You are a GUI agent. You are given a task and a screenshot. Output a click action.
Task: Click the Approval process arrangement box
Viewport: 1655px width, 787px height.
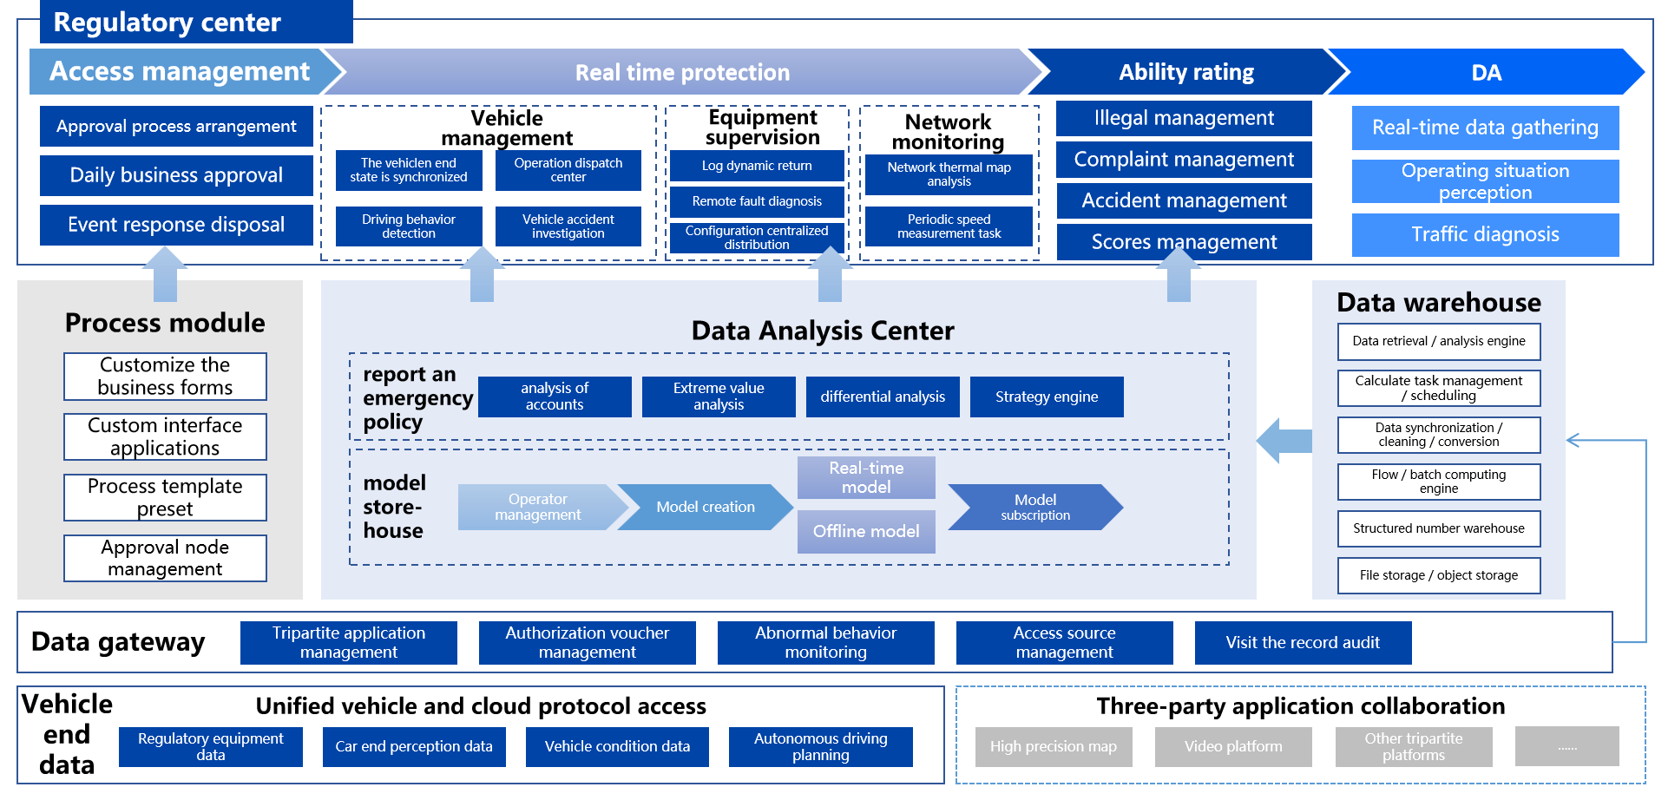point(176,127)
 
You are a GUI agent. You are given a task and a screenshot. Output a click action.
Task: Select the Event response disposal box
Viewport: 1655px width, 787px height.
point(176,225)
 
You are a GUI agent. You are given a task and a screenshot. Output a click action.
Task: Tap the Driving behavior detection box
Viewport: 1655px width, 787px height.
point(409,226)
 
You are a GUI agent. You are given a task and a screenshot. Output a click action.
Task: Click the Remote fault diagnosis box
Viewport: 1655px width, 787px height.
point(757,201)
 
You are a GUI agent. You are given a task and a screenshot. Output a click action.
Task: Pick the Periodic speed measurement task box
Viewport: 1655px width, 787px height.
point(949,226)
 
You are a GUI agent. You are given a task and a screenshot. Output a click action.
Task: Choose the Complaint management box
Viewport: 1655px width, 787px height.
point(1184,160)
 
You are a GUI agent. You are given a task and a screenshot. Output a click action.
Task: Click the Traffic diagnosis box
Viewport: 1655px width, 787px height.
point(1485,234)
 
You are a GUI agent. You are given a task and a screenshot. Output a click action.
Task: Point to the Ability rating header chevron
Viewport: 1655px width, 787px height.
point(1185,72)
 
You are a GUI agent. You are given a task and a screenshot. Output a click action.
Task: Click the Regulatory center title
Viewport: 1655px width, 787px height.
point(167,22)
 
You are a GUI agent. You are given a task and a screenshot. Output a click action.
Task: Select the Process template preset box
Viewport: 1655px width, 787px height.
point(165,497)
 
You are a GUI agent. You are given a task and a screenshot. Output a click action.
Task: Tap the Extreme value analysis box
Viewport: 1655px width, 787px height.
point(719,397)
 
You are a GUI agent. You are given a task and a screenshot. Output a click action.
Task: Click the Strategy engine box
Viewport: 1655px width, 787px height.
point(1047,397)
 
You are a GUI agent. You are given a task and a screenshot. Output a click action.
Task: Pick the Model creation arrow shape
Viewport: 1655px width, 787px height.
point(705,507)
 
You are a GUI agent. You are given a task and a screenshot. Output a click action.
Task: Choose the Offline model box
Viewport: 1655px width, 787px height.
point(866,531)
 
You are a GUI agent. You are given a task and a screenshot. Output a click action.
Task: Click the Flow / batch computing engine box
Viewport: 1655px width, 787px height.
point(1439,482)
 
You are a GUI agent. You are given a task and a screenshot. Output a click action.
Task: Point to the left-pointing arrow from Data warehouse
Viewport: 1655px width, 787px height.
point(1284,440)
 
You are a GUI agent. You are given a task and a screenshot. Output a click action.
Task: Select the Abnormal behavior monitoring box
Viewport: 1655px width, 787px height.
point(825,642)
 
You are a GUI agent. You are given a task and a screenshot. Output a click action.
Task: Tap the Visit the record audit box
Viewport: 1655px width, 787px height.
point(1303,642)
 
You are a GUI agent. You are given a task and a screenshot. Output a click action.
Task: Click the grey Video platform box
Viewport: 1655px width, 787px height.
point(1233,746)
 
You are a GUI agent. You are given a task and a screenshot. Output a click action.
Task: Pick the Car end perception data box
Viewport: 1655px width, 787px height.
point(414,746)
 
